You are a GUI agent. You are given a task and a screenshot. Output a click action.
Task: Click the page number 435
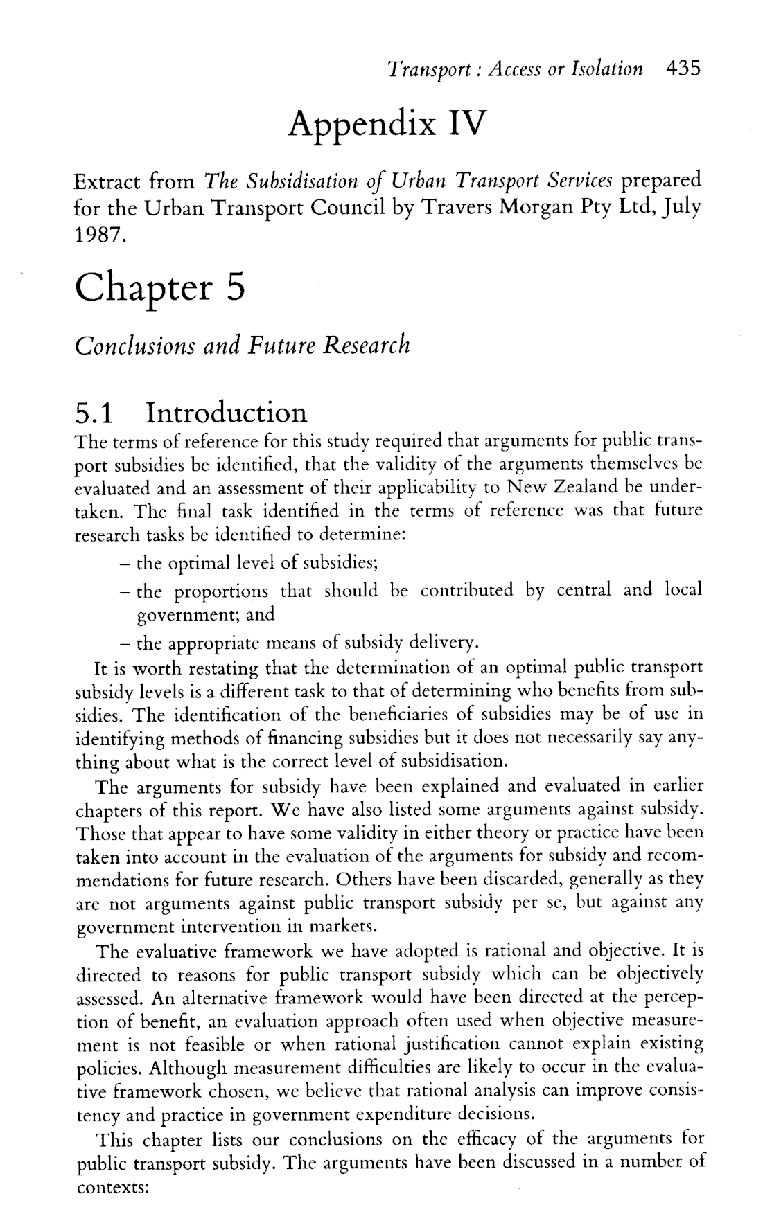(683, 69)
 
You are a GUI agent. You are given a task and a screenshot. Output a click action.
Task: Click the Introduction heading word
(226, 413)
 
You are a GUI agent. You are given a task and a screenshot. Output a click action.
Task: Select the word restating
(214, 668)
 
